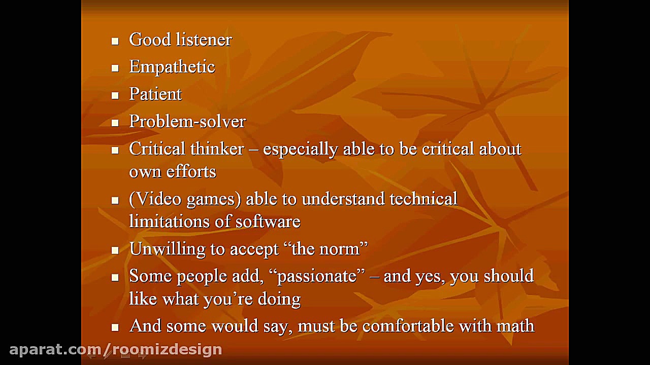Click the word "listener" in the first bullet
(204, 40)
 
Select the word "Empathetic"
(172, 67)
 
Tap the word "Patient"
(155, 94)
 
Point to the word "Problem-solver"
(187, 121)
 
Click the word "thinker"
(217, 149)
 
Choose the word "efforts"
(191, 171)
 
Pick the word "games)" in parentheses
(214, 200)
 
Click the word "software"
(268, 222)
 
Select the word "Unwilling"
(167, 249)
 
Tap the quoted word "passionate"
(317, 276)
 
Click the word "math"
(515, 326)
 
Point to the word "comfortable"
(408, 326)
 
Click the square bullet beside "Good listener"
(115, 41)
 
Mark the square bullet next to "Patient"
(115, 96)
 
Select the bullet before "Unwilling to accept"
(115, 250)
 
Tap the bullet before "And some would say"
(115, 327)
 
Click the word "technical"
(424, 199)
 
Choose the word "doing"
(279, 299)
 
